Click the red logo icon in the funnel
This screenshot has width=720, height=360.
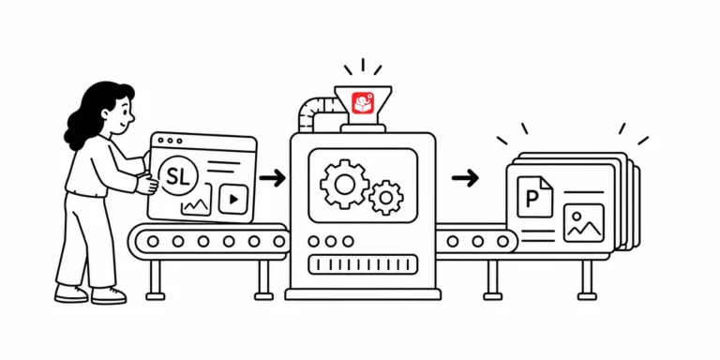coord(363,103)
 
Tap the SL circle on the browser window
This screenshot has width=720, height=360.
coord(177,177)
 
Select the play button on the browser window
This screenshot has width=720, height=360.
coord(233,200)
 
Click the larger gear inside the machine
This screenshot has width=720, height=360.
coord(344,184)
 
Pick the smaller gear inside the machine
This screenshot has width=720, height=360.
coord(386,198)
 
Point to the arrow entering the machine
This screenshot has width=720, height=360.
coord(272,178)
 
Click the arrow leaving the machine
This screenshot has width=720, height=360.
coord(465,178)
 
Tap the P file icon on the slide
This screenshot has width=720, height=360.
coord(535,197)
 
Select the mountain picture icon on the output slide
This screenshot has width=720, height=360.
coord(584,223)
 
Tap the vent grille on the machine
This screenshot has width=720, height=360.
coord(363,264)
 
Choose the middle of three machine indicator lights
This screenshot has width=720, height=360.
coord(331,241)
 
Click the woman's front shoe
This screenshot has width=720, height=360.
coord(109,294)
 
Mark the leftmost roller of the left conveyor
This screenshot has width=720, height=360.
coord(153,241)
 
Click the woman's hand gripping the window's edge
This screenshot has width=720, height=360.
coord(147,185)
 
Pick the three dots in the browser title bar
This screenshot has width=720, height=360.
coord(172,141)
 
